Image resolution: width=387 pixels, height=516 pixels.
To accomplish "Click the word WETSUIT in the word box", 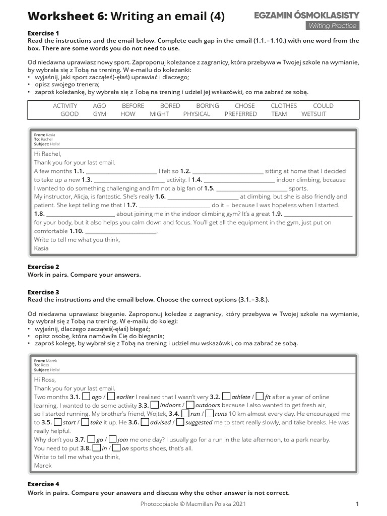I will [313, 114].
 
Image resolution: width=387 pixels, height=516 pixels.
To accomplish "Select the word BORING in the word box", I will [208, 106].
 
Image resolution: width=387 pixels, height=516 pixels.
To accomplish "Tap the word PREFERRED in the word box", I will [240, 114].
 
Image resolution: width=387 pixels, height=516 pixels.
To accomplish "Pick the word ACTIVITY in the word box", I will [65, 106].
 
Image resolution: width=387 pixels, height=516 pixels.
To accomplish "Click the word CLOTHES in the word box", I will [284, 106].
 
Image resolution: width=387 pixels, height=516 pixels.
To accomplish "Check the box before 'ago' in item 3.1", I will [86, 397].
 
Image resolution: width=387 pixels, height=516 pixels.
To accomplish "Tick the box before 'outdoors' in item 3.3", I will [190, 405].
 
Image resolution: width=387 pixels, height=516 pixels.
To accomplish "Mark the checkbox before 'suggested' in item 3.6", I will [180, 422].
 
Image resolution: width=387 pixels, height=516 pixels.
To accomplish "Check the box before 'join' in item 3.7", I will [112, 439].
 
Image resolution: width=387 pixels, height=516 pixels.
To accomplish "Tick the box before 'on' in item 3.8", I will [116, 447].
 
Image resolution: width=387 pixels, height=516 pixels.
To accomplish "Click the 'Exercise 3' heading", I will [43, 292].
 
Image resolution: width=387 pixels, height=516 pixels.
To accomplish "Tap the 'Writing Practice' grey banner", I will [332, 26].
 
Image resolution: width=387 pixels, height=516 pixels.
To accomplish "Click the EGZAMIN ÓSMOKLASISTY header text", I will [306, 16].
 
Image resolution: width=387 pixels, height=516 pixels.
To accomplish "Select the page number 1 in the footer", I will [357, 503].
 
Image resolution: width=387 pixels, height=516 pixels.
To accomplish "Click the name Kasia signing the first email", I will [41, 248].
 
